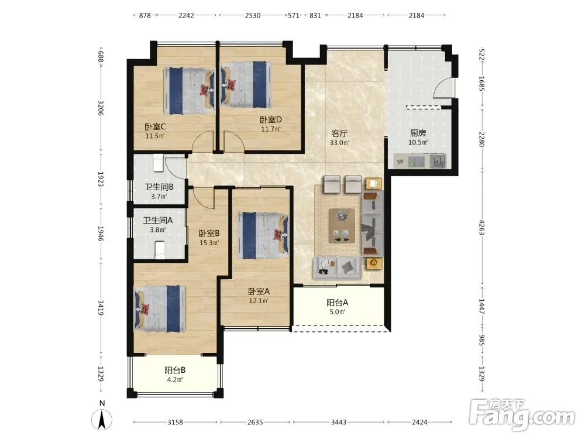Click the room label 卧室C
(155, 126)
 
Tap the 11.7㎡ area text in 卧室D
(271, 129)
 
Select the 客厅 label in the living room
(339, 133)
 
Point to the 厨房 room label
(418, 133)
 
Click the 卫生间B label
(159, 187)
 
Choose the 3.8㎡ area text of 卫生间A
(158, 230)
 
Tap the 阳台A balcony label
(338, 303)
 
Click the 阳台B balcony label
(175, 371)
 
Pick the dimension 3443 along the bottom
(339, 422)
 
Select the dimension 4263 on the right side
(481, 228)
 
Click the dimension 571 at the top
(294, 15)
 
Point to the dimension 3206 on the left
(101, 108)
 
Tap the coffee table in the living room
(342, 226)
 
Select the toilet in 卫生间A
(160, 250)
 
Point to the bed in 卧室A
(263, 235)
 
